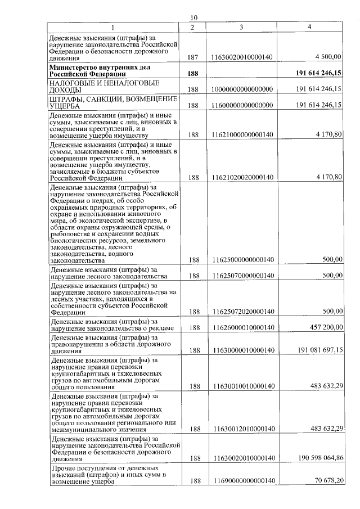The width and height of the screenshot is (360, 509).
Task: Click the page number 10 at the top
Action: tap(194, 17)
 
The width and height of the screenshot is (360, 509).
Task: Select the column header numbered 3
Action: tap(241, 27)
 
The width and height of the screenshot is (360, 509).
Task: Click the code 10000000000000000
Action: tap(242, 89)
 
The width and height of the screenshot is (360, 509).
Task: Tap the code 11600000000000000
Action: tap(242, 105)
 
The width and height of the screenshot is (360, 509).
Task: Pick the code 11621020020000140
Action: tap(242, 177)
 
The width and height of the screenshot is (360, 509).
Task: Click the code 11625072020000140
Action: tap(242, 312)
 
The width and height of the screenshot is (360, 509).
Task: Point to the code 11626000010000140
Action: tap(242, 327)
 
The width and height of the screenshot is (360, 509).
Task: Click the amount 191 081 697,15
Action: tap(320, 350)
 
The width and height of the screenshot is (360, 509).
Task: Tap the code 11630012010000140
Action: tap(242, 429)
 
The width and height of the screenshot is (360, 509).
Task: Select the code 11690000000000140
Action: tap(242, 481)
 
